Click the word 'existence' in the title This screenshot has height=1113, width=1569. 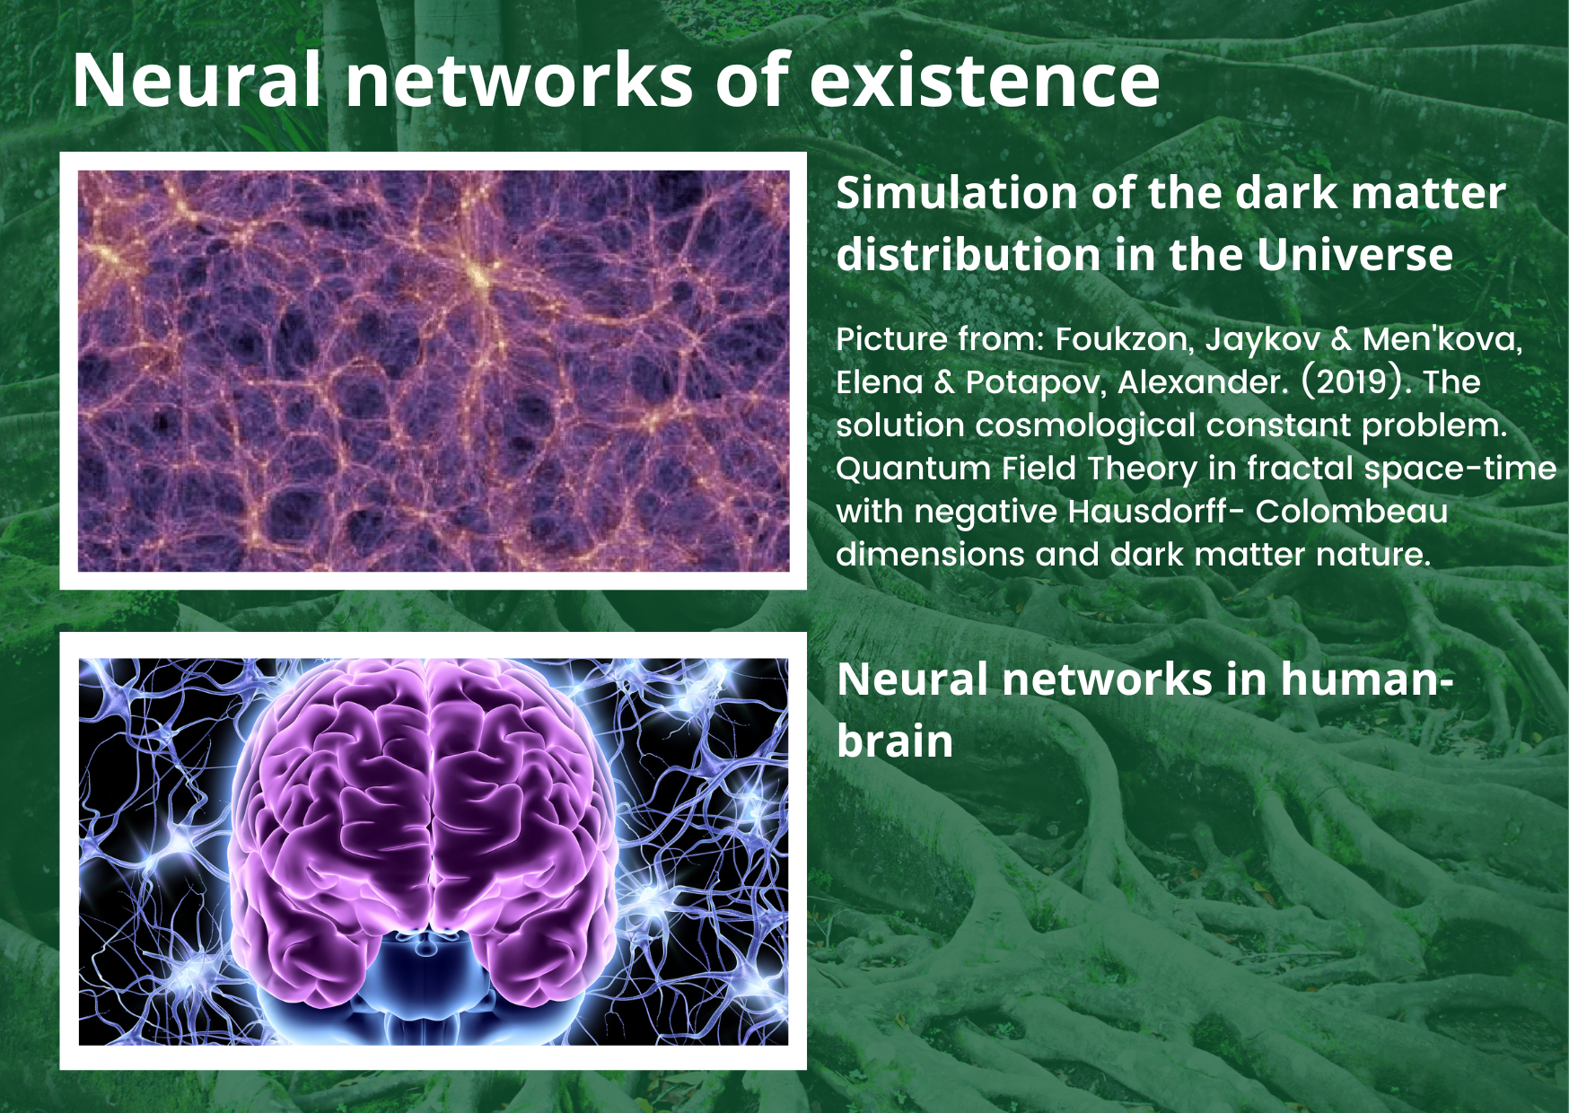point(985,80)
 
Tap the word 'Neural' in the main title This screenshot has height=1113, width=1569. point(197,80)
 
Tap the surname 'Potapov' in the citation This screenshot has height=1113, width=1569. point(1037,382)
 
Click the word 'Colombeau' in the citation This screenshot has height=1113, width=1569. point(1352,511)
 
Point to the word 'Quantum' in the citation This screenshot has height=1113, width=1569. point(914,469)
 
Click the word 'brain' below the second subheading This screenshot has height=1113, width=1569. point(895,741)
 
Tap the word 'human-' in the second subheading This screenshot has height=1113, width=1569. point(1367,679)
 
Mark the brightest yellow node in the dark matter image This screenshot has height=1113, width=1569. point(478,273)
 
